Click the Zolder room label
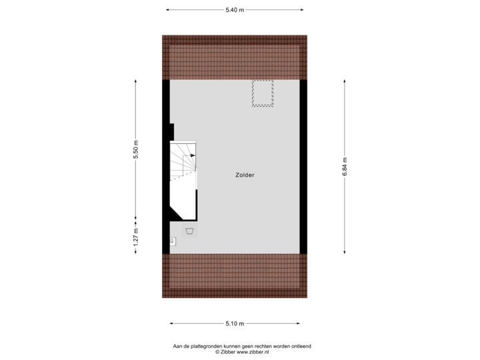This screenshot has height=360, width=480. coord(245,175)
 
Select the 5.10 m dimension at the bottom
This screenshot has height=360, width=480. coord(235,324)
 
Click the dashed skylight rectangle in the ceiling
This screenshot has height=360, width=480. coord(262,93)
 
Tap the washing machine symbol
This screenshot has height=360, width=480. coord(189,231)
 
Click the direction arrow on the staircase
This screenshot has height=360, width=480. coord(192,155)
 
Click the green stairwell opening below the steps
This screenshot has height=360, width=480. coord(183,198)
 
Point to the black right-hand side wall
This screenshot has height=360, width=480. coord(304,166)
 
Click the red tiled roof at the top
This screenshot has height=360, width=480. coord(235,57)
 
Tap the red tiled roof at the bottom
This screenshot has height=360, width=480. coord(235,275)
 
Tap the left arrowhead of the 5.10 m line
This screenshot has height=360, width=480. coord(171,324)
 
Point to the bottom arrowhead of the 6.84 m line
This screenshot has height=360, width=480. coord(345,252)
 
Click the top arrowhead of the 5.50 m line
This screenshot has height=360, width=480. coord(136,81)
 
